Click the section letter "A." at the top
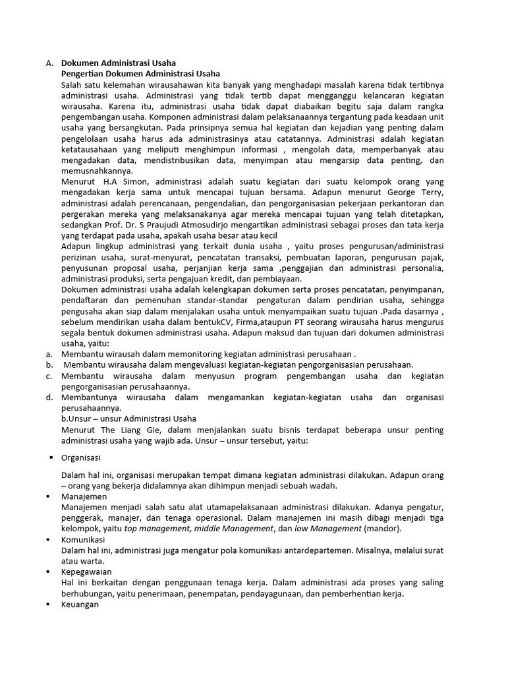point(49,63)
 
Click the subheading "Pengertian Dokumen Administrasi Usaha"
point(140,74)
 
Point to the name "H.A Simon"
point(121,181)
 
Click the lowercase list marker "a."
point(49,354)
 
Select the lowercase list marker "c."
point(49,376)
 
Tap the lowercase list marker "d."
point(49,397)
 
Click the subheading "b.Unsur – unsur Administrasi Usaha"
point(128,419)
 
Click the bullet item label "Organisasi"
point(81,457)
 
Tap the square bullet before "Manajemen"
point(51,496)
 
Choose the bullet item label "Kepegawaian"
point(84,572)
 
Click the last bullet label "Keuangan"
point(80,604)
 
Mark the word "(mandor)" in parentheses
point(382,529)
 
